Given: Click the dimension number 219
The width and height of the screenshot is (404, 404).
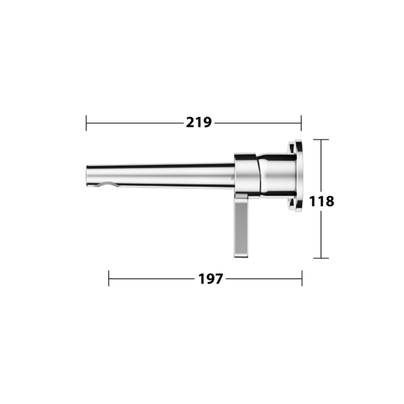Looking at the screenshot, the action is click(199, 122).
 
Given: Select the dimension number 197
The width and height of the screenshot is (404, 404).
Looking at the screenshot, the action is click(211, 279).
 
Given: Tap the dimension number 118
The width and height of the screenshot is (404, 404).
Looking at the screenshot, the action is click(321, 201).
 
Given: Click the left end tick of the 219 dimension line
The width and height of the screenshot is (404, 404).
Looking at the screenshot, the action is click(86, 123).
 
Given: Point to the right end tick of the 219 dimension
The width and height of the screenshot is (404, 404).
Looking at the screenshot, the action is click(301, 123).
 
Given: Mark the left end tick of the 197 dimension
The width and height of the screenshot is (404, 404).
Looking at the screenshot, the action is click(109, 278).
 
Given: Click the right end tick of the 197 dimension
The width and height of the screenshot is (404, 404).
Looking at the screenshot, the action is click(302, 278).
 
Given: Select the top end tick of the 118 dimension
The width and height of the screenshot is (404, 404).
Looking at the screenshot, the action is click(321, 140).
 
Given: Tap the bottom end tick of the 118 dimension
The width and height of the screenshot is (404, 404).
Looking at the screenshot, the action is click(321, 258).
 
